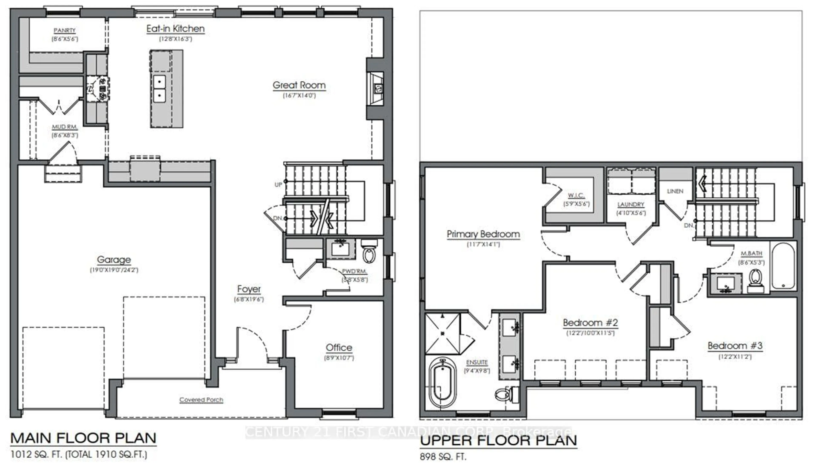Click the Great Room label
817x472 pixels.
299,85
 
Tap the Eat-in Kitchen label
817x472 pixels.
175,29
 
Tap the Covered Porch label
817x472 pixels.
201,400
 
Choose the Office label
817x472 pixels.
339,348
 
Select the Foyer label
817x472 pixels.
249,289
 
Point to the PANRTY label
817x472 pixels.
64,30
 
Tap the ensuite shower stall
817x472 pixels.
442,333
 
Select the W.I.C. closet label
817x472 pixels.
576,195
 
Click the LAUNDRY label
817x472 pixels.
631,205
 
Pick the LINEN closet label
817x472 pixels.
675,191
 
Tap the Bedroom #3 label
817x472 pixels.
735,346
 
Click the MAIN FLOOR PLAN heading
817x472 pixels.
83,438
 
